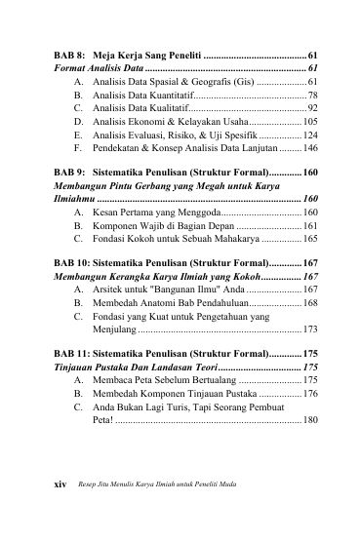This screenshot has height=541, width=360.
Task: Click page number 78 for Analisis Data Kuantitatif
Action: tap(311, 97)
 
